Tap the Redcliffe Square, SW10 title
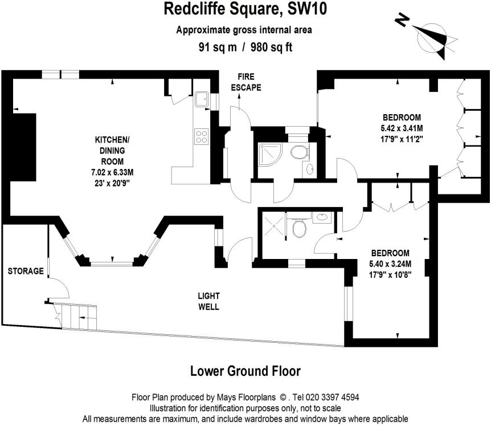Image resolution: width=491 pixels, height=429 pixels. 245,9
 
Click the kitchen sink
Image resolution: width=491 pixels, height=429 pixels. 201,99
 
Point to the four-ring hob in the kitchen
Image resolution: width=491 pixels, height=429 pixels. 202,136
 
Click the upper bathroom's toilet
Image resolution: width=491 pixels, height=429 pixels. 299,152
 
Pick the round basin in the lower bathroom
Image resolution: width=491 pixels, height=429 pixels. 321,217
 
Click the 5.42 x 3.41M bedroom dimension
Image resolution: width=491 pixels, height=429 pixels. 402,128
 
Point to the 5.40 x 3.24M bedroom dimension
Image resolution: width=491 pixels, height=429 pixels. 390,264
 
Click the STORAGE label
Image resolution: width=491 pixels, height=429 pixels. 26,271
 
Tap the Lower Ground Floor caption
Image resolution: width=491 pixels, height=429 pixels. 245,371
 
